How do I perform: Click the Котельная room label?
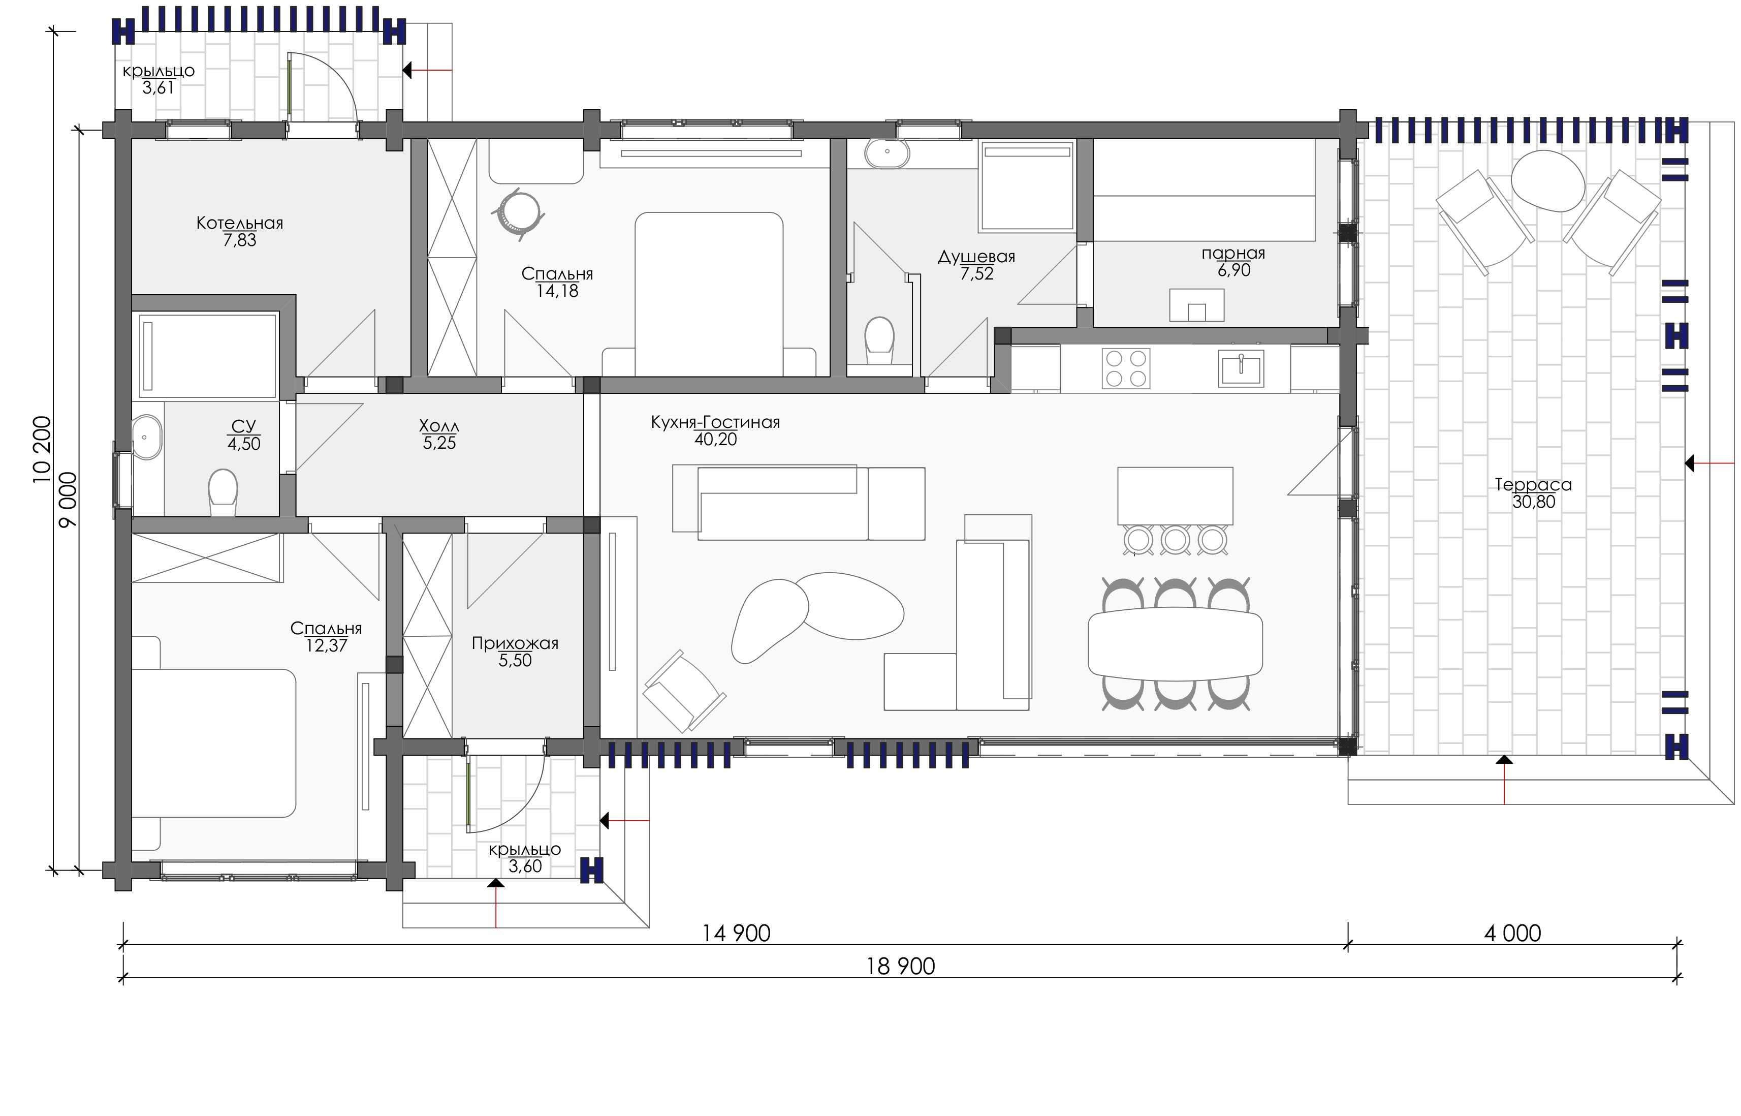pos(240,223)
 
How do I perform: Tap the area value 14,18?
pos(557,291)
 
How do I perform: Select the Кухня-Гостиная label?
pos(715,422)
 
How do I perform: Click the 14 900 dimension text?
pos(736,934)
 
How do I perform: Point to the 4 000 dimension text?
pos(1512,934)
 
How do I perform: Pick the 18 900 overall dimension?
pos(901,966)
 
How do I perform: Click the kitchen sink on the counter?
pos(1241,368)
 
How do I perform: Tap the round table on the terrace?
pos(1547,180)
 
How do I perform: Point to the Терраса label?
pos(1533,484)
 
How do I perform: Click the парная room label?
pos(1233,254)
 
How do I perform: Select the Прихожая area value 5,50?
pos(515,660)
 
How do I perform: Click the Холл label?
pos(439,425)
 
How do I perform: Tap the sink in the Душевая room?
pos(887,152)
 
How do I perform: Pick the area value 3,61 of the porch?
pos(158,88)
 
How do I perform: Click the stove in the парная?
pos(1196,304)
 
